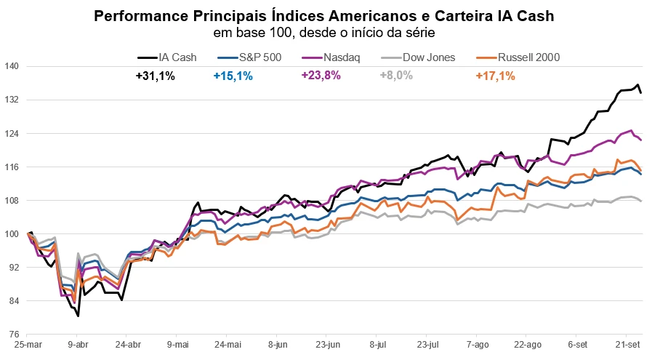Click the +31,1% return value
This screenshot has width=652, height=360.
click(155, 76)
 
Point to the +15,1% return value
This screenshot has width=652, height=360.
click(233, 76)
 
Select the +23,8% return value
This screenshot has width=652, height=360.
click(321, 76)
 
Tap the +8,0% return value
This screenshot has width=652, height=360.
click(396, 76)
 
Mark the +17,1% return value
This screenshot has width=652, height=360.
click(495, 76)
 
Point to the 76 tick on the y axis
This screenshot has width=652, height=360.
click(12, 335)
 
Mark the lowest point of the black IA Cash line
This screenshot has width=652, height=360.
click(78, 316)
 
